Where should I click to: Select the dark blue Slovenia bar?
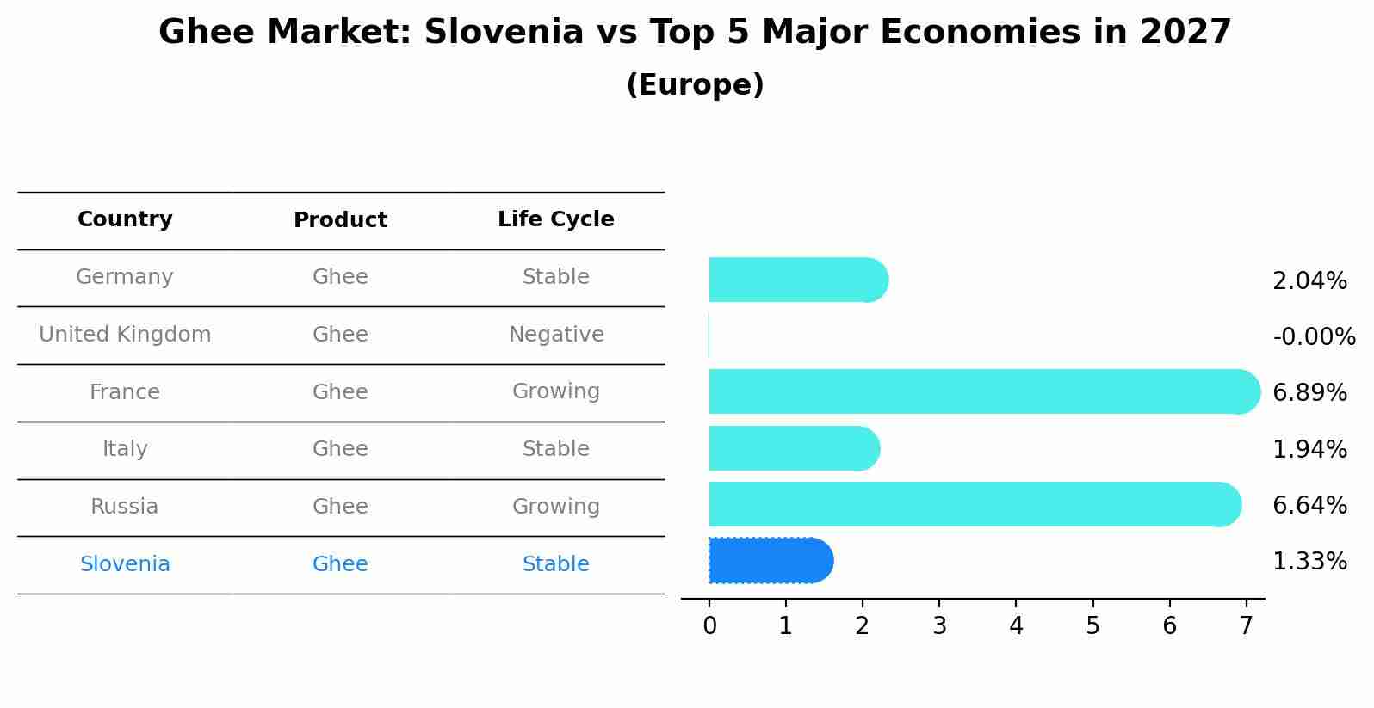(x=769, y=561)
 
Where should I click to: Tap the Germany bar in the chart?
(x=796, y=280)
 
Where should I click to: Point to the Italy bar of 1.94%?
(x=792, y=448)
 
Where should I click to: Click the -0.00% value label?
(x=1314, y=336)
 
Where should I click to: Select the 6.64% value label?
(x=1309, y=505)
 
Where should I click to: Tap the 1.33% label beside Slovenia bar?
(x=1309, y=562)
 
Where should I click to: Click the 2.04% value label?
(x=1309, y=280)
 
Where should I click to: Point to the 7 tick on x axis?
(x=1246, y=626)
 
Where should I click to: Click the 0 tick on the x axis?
(x=709, y=626)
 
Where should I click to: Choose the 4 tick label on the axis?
(x=1016, y=626)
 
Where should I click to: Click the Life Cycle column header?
(x=555, y=219)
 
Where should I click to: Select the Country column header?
(x=125, y=219)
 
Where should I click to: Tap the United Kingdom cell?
(x=125, y=335)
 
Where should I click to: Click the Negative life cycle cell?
(x=555, y=335)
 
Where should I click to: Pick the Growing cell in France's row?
(x=555, y=391)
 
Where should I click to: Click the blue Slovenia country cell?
(x=125, y=564)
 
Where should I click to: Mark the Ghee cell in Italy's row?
(x=340, y=449)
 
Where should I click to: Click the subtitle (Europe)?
(x=695, y=85)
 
